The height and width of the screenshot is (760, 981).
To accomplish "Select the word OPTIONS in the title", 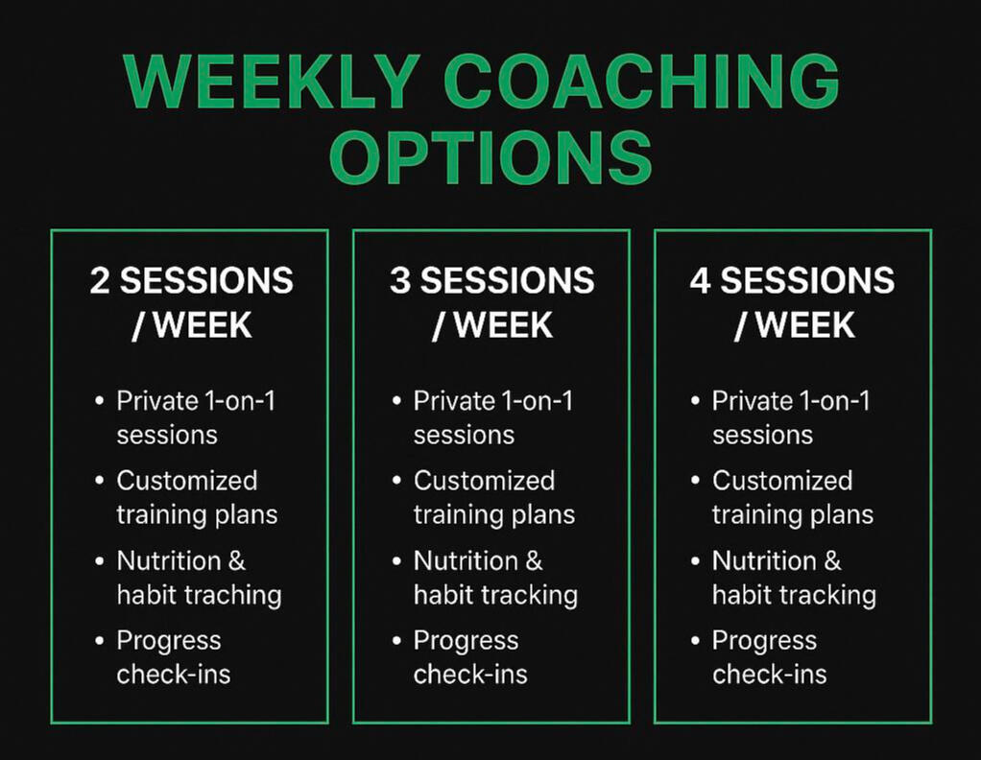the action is [491, 157].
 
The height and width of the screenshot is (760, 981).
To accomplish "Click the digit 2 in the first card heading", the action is [99, 280].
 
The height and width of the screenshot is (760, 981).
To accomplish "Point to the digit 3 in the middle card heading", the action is [399, 280].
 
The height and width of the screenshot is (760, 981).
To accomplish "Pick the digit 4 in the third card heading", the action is [700, 280].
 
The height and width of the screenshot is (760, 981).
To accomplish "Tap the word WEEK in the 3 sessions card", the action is [504, 325].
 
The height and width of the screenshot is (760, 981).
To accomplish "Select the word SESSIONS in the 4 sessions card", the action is [807, 280].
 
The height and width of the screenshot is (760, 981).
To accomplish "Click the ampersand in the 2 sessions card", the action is [236, 560].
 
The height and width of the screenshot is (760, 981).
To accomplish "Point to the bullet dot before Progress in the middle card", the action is [396, 641].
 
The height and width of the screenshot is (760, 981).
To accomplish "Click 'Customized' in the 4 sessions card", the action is [782, 481].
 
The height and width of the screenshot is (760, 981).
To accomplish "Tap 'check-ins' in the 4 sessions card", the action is [770, 675].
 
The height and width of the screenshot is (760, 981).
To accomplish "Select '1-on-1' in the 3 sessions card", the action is [538, 401].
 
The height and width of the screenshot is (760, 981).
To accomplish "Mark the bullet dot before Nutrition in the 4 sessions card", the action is [695, 561].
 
